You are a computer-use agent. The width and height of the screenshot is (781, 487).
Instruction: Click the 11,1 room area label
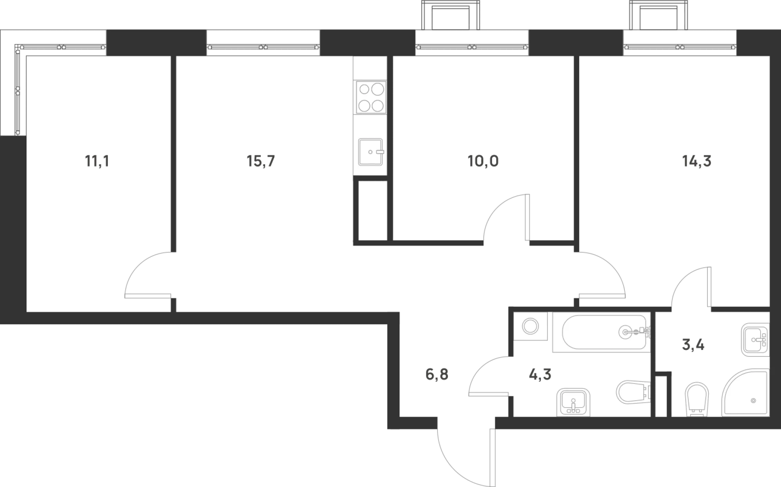point(97,161)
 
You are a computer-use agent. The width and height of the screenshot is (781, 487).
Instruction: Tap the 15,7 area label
point(261,161)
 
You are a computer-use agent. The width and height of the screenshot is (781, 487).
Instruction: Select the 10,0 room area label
point(483,161)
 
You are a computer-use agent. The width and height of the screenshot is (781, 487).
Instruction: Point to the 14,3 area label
point(697,161)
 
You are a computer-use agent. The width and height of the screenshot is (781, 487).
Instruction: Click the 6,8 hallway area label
point(437,374)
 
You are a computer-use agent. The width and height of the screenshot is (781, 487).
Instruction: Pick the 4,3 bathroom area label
point(540,374)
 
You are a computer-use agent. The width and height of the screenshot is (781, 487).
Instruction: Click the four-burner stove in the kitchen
point(370,97)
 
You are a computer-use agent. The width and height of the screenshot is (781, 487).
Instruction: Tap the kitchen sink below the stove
point(371,152)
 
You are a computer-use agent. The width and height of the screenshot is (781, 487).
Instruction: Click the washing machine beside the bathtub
point(530,326)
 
